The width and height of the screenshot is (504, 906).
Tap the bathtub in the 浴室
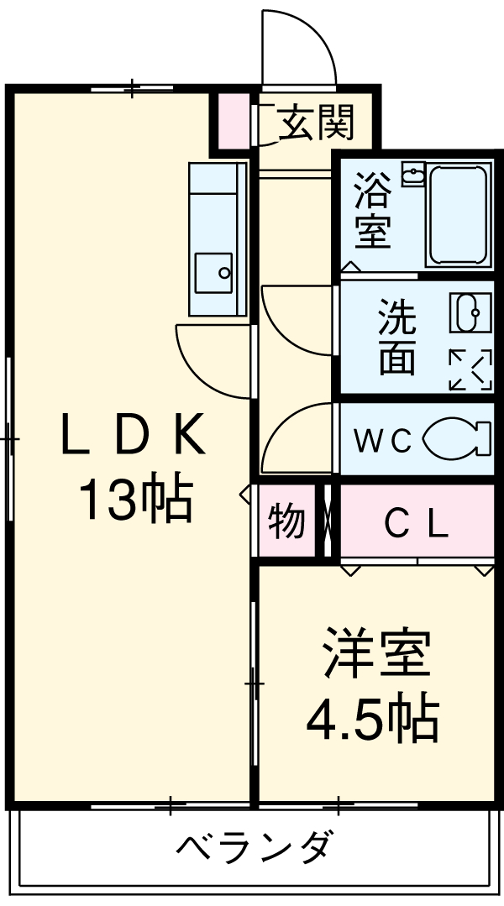(457, 215)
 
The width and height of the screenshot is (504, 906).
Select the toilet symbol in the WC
(458, 439)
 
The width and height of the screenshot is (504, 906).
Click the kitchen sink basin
(214, 272)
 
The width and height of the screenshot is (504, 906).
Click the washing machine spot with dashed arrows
(470, 369)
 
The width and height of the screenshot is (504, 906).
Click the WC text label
(381, 440)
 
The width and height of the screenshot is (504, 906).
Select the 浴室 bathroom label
(372, 210)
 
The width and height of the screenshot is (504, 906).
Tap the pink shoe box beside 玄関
(234, 122)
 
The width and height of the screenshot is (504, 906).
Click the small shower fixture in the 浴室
(413, 175)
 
